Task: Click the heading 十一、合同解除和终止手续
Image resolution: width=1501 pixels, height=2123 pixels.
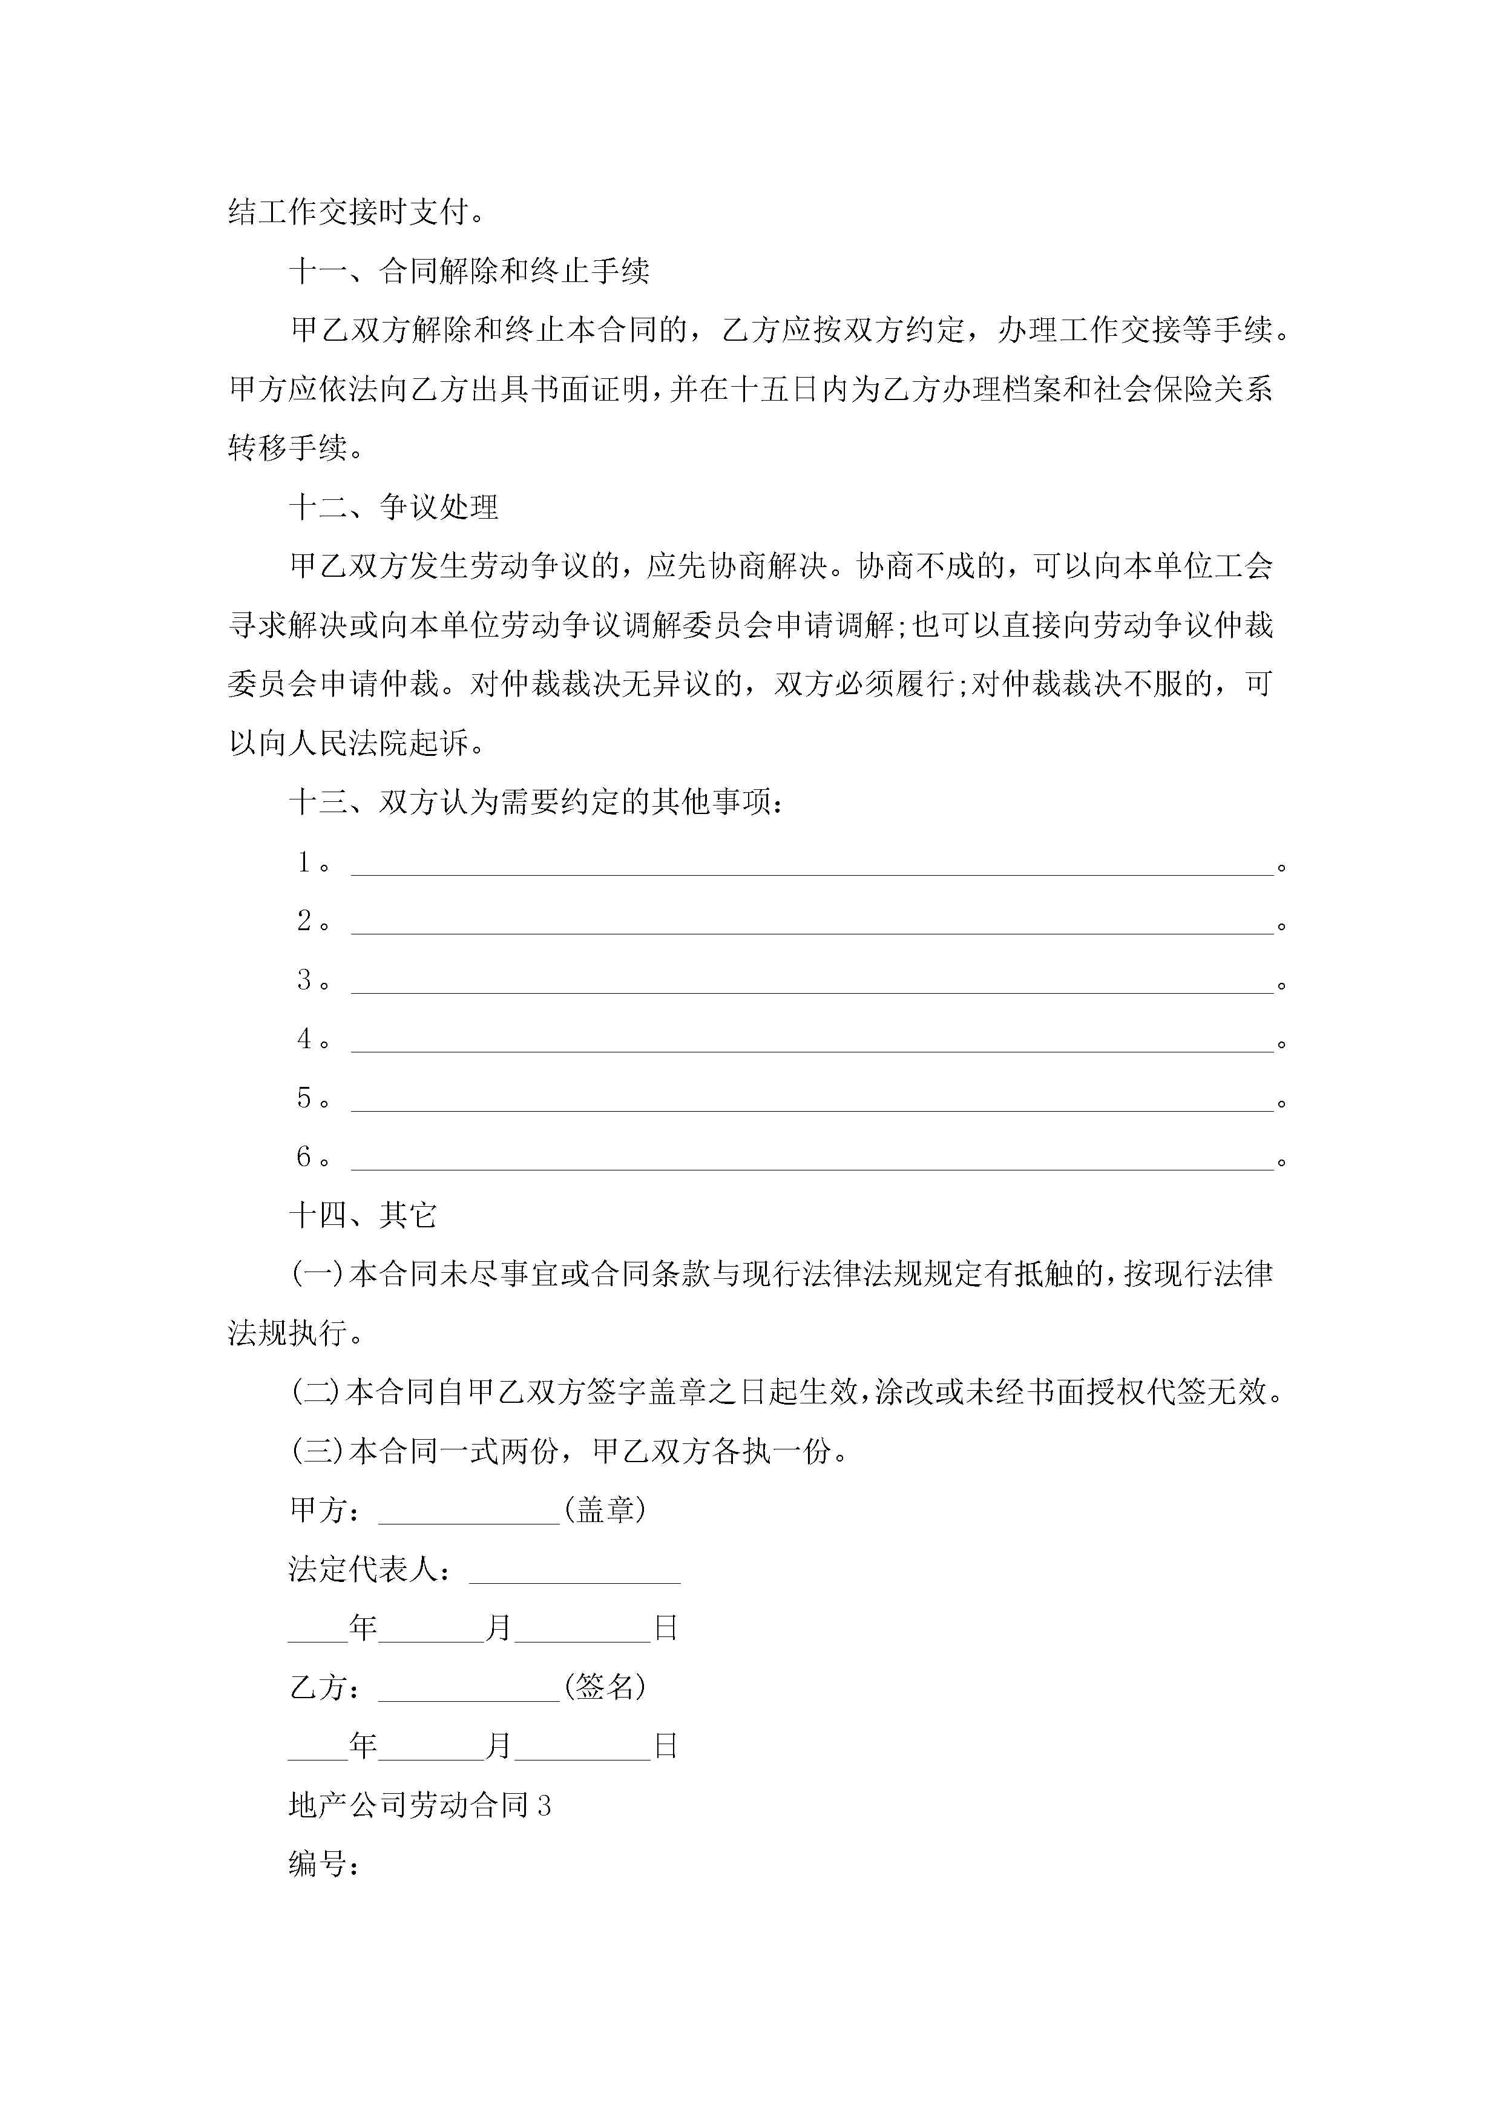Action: (469, 271)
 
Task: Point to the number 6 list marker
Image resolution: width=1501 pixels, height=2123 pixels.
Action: (304, 1157)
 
